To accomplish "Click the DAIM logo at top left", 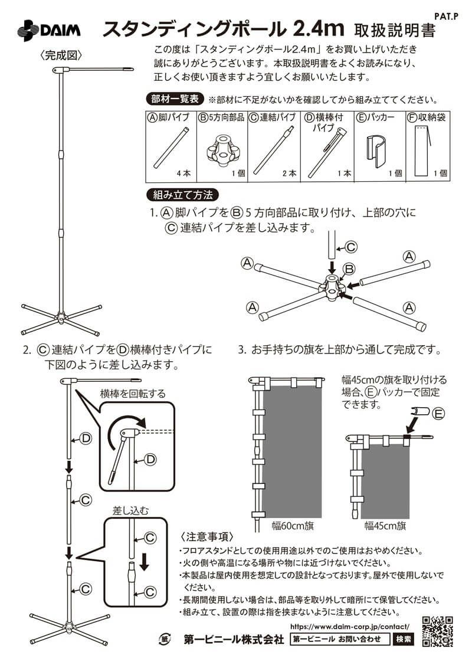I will [48, 30].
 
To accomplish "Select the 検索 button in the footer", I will [404, 639].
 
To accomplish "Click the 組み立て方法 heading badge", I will [182, 194].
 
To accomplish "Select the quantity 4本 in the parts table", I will [183, 174].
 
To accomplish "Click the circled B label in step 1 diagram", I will [349, 269].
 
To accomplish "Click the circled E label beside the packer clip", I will [438, 414].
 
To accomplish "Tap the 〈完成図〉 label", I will [61, 55].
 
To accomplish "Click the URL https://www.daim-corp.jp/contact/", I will [350, 626].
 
